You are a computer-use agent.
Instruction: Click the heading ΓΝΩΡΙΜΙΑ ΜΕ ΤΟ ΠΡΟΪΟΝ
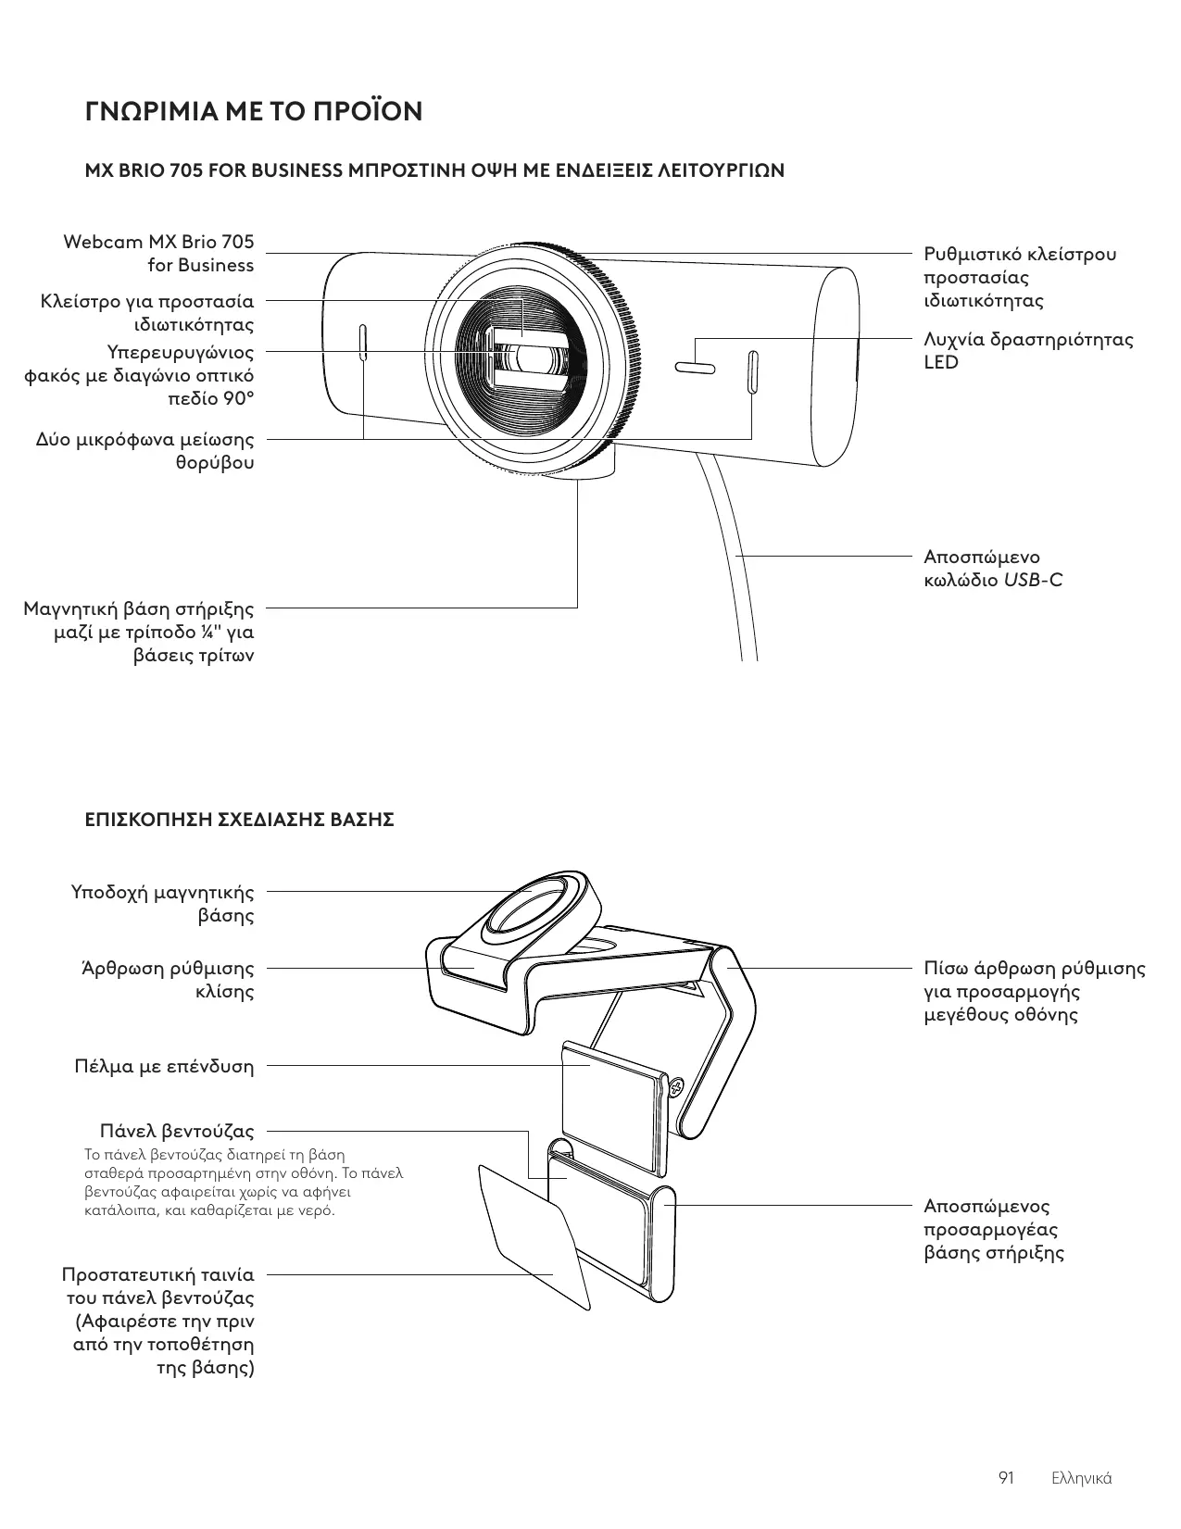pyautogui.click(x=253, y=112)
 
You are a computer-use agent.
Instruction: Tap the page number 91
pyautogui.click(x=1006, y=1477)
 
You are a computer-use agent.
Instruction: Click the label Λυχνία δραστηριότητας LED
pyautogui.click(x=1027, y=350)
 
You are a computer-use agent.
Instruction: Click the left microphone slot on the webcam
pyautogui.click(x=363, y=344)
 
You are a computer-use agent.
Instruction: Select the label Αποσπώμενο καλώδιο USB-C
pyautogui.click(x=993, y=569)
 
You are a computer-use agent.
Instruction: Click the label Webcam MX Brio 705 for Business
pyautogui.click(x=158, y=254)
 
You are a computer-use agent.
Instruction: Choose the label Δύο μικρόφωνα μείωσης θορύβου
pyautogui.click(x=145, y=450)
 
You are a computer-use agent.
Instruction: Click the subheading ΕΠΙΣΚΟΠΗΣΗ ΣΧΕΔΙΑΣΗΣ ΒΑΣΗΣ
pyautogui.click(x=239, y=820)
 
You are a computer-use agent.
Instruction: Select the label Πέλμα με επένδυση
pyautogui.click(x=164, y=1066)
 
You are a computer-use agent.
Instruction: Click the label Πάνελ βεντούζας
pyautogui.click(x=177, y=1131)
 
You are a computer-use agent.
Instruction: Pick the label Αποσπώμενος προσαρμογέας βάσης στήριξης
pyautogui.click(x=993, y=1230)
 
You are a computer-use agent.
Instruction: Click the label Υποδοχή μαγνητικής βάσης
pyautogui.click(x=163, y=904)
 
